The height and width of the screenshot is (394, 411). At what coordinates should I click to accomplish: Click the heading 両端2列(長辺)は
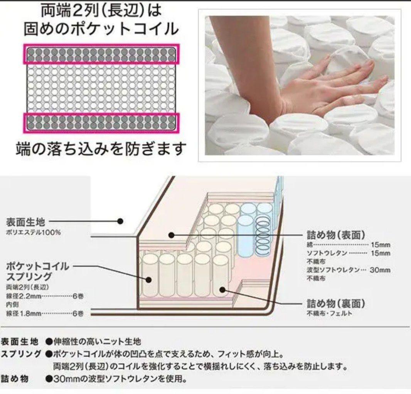pos(101,10)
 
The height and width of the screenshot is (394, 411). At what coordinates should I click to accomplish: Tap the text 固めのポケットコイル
pos(101,29)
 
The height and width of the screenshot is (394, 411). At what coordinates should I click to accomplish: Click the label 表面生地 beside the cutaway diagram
pos(26,222)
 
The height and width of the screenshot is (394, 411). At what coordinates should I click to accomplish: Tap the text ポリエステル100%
pos(33,232)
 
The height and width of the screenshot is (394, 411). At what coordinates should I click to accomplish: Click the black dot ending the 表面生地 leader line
pos(120,222)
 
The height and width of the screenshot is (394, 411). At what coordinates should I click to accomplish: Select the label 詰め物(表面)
pos(336,235)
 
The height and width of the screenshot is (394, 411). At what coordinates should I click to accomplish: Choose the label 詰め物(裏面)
pos(336,303)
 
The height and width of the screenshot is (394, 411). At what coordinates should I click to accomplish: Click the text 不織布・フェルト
pos(330,313)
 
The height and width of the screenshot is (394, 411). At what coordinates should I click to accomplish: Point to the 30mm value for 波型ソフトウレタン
pos(380,270)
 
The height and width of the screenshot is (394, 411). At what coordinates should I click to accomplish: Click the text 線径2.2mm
pos(24,296)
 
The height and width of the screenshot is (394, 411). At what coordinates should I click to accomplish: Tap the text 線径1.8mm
pos(24,313)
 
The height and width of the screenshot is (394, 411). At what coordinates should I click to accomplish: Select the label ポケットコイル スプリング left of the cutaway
pos(37,271)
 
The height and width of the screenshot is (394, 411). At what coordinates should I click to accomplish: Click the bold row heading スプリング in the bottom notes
pos(21,354)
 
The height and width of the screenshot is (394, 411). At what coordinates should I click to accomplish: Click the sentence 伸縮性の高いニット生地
pos(97,342)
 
